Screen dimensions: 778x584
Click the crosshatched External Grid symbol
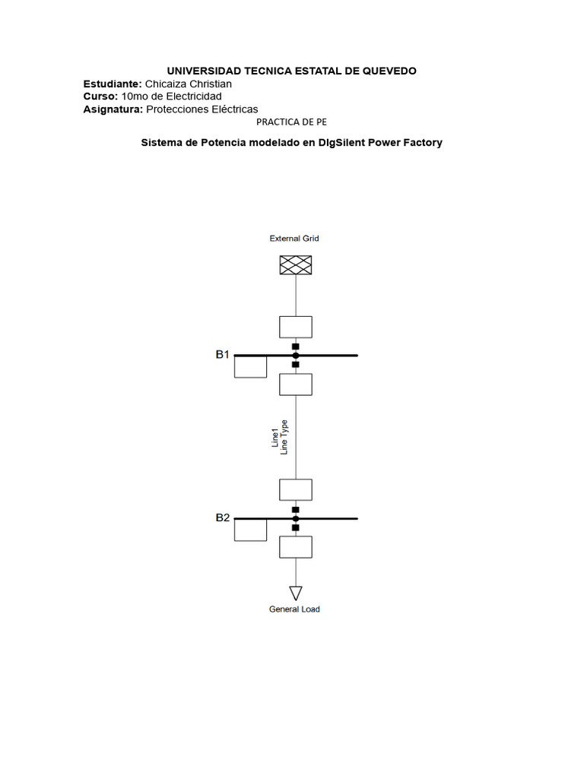click(295, 264)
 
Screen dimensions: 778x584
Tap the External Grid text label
click(294, 239)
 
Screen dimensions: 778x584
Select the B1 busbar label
click(222, 354)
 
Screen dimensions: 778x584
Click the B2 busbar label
click(222, 517)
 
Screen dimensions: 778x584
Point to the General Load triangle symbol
click(296, 593)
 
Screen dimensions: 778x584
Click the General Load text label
click(294, 609)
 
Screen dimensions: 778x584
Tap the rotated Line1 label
click(275, 439)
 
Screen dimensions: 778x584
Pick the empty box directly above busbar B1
click(296, 327)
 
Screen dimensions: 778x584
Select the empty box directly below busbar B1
click(296, 384)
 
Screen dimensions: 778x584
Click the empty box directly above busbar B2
click(296, 490)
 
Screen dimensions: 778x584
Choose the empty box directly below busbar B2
click(296, 547)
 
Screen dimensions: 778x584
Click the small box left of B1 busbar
click(250, 367)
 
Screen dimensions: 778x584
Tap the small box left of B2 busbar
click(250, 530)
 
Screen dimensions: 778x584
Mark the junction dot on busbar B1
click(296, 355)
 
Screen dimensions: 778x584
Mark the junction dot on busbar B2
click(296, 518)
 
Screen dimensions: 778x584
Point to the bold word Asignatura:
click(113, 109)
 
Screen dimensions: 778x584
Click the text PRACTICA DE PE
click(292, 122)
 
